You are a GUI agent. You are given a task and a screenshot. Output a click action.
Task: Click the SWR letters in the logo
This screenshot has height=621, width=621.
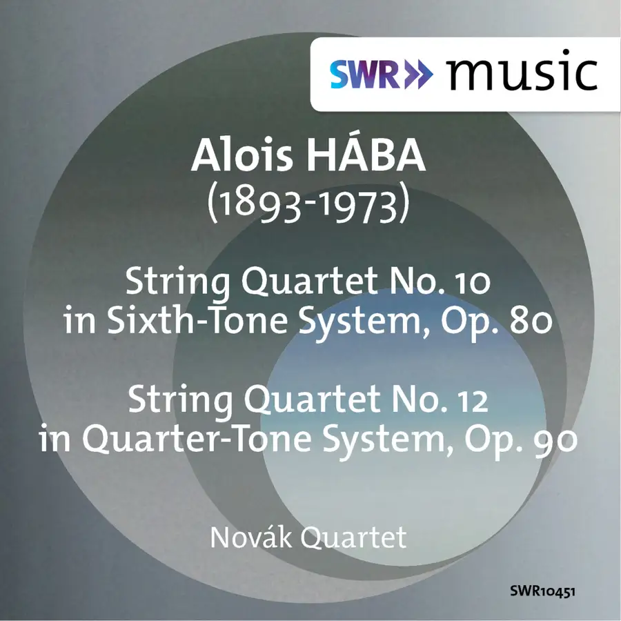click(x=365, y=75)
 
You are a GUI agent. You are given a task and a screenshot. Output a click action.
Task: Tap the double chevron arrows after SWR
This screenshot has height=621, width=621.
click(x=418, y=75)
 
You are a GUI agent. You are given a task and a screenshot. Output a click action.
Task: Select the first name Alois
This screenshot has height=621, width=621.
click(x=242, y=155)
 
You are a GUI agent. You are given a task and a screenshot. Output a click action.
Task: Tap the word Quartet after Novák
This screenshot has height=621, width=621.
click(x=353, y=538)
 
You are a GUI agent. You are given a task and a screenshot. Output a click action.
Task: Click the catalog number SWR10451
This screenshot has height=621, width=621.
click(x=542, y=592)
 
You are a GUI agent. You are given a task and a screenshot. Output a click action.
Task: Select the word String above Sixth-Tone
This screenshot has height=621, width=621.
click(x=178, y=283)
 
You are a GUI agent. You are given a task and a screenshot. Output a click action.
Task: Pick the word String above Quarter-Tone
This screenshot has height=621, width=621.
click(x=180, y=402)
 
